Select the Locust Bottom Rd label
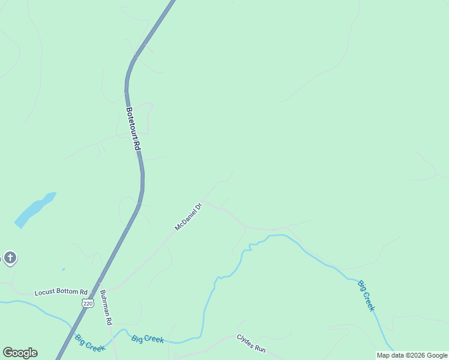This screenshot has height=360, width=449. point(61,292)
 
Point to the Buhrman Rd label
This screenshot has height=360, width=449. point(106,308)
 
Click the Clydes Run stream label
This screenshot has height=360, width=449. point(251,343)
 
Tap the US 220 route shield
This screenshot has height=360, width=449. point(88,304)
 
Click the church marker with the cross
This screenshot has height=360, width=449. point(10,258)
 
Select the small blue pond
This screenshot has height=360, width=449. point(35,209)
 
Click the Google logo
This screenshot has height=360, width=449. point(20,352)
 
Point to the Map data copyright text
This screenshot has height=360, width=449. point(412,355)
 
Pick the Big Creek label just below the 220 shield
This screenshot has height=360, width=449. point(90,342)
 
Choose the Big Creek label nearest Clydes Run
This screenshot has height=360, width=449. point(148,339)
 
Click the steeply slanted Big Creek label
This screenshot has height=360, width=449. point(366,295)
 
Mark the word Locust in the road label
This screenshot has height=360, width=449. point(44,292)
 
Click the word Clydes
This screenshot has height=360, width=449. point(246,341)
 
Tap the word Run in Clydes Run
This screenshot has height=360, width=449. point(259,347)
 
